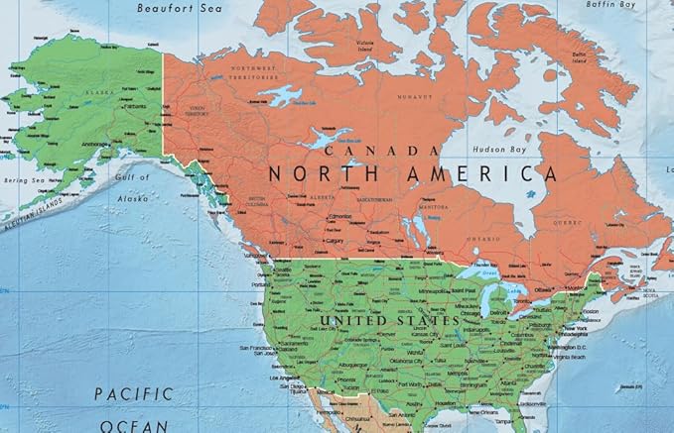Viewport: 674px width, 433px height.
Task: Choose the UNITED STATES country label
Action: (389, 321)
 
